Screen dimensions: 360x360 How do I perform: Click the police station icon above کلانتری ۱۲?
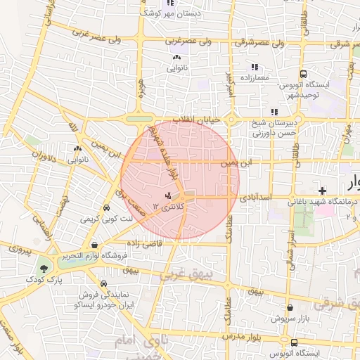[x=168, y=195]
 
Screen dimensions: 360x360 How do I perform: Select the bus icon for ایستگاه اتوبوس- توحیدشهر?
[x=303, y=74]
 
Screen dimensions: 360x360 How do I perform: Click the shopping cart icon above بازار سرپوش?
[x=290, y=307]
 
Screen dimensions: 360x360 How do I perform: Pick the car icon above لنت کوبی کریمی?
[x=105, y=208]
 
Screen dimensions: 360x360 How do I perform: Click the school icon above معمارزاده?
[x=254, y=67]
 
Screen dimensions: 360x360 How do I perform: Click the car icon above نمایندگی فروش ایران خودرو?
[x=104, y=283]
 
